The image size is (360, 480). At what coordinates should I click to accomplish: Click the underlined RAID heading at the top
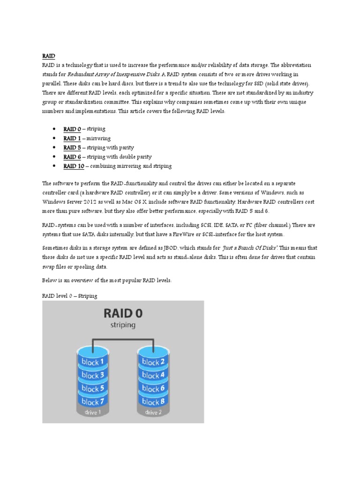coord(49,56)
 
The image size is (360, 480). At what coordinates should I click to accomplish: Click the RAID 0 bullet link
coord(73,129)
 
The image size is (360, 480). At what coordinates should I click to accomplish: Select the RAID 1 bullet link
coord(73,138)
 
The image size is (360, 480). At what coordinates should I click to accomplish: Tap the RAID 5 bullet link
coord(73,148)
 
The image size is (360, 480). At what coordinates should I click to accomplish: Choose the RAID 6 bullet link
coord(73,157)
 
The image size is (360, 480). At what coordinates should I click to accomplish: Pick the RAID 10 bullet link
coord(74,166)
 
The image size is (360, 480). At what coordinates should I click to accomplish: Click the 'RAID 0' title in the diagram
coord(123,312)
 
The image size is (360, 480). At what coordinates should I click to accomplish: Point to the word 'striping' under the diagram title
coord(123,324)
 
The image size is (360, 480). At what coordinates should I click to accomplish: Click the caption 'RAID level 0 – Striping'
coord(69,296)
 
